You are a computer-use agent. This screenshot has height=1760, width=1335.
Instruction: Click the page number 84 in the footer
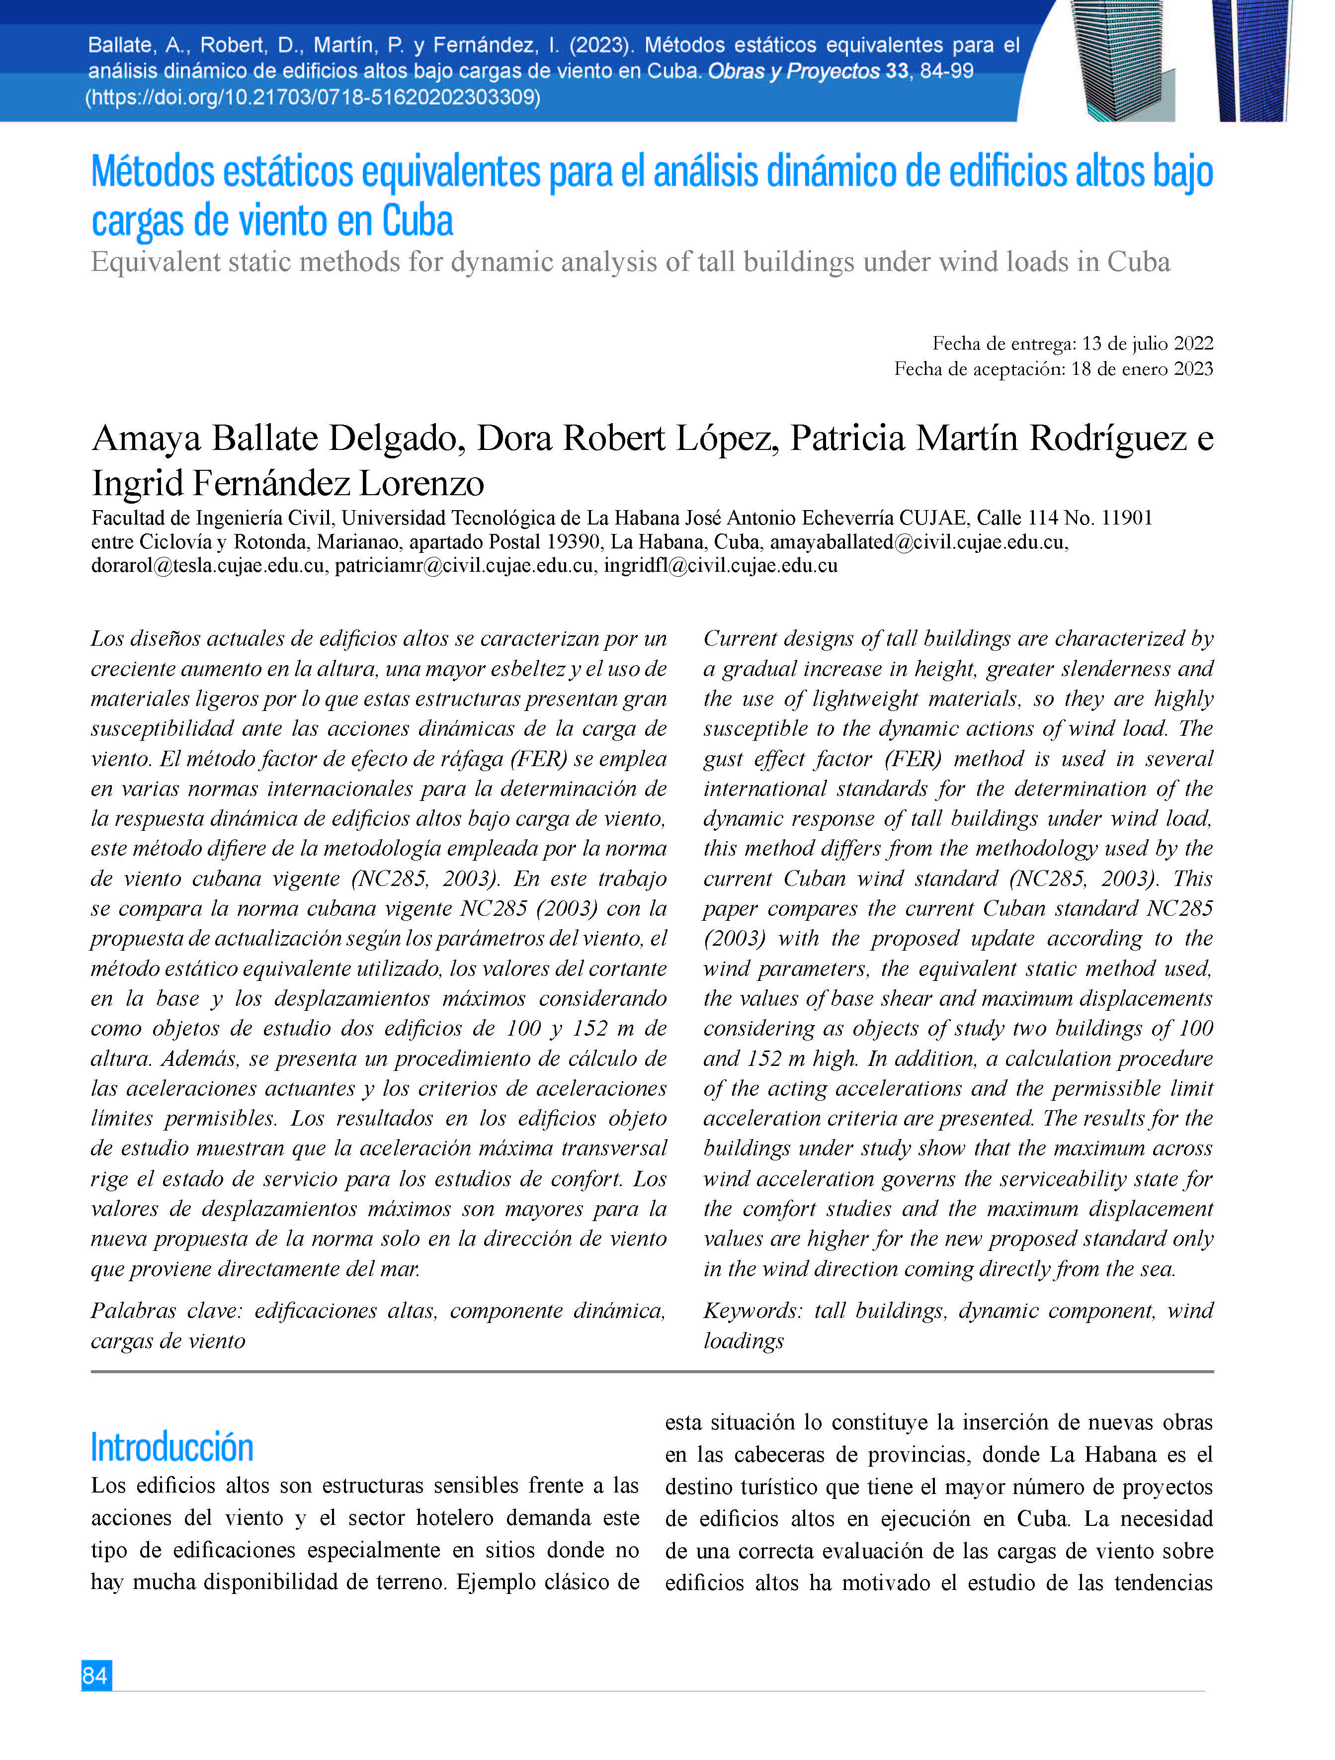[95, 1675]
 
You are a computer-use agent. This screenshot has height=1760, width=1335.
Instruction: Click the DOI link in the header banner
[313, 97]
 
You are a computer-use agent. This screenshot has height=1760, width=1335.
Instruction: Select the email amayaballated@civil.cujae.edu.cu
[918, 542]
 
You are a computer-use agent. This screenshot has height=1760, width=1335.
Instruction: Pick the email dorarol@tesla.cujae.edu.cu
[208, 566]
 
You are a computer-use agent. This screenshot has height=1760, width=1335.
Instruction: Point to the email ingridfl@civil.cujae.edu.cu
[720, 566]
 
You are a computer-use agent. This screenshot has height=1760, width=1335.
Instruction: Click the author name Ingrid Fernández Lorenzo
[287, 483]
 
